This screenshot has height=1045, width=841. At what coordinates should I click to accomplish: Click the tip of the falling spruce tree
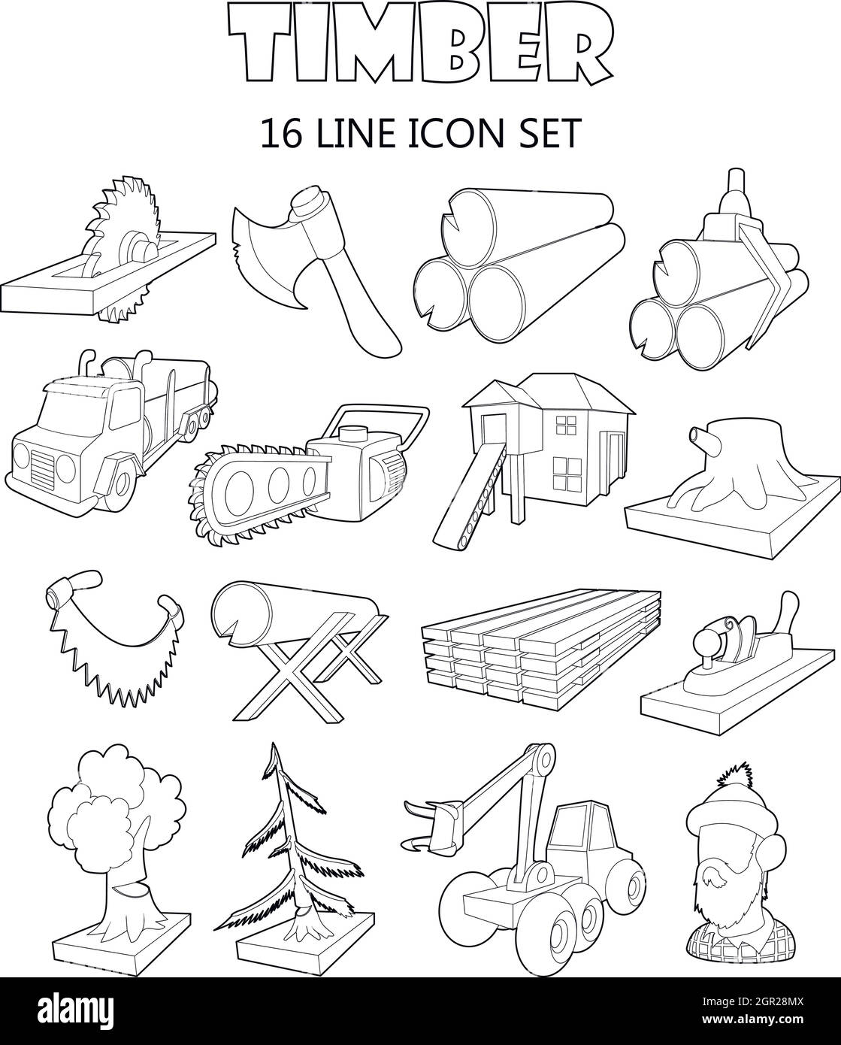[x=276, y=752]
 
